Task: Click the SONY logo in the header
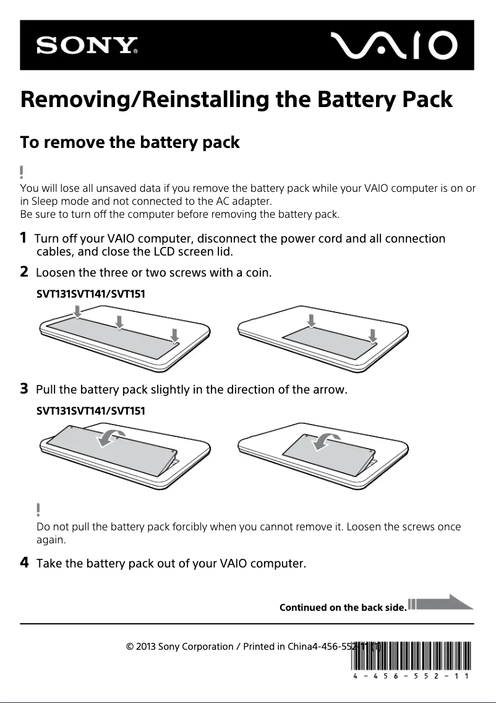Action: point(87,46)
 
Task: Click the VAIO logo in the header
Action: point(393,46)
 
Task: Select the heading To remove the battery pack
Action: point(130,142)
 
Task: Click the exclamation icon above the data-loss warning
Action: point(22,171)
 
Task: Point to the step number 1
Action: point(24,238)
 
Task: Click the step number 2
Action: point(24,271)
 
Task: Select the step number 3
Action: point(24,389)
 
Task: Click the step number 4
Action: point(24,563)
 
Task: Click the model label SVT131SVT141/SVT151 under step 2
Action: point(91,293)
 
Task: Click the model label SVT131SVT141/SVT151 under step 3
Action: point(91,410)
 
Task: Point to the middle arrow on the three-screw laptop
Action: point(119,321)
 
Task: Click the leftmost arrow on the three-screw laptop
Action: point(77,314)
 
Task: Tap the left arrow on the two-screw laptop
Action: point(312,319)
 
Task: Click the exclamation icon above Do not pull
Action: point(38,509)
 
